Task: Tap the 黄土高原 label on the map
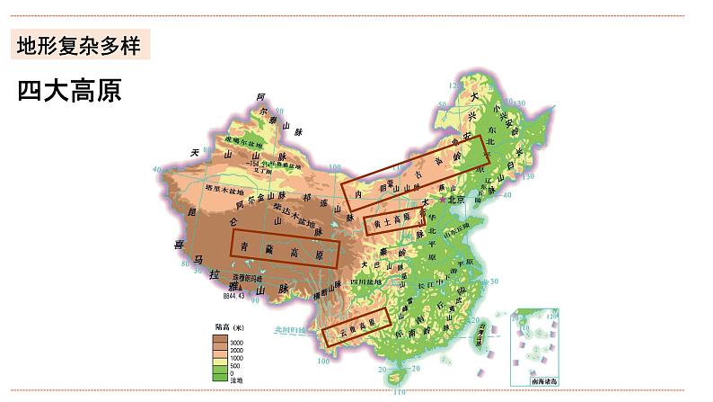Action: point(392,219)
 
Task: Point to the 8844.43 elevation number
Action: point(233,293)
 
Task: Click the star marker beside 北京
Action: point(446,201)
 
